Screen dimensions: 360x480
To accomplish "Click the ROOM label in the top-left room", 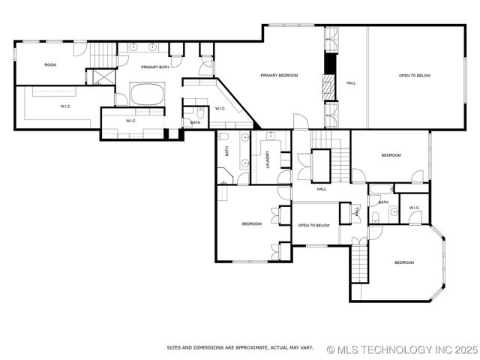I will [50, 65].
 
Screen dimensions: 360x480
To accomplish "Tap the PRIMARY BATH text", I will [154, 67].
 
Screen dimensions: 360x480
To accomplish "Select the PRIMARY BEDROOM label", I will [279, 76].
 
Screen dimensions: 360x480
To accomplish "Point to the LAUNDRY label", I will [267, 158].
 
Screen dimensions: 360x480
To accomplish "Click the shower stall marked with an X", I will [96, 76].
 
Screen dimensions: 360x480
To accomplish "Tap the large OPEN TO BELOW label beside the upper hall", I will [414, 76].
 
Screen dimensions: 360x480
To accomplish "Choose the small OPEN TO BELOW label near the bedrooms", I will [313, 225].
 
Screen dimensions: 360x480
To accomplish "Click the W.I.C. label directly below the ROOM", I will [66, 106].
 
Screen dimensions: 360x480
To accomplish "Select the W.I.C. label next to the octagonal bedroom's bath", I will [414, 208].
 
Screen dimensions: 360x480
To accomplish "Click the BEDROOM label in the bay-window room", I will [404, 262].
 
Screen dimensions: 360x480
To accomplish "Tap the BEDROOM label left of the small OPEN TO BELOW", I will [251, 224].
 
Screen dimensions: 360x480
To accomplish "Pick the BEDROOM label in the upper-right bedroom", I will [391, 155].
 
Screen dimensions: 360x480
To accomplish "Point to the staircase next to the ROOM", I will [103, 55].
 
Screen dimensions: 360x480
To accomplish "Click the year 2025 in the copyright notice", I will [464, 349].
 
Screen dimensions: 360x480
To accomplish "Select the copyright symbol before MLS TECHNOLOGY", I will [331, 349].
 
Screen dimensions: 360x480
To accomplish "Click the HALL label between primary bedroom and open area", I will [351, 83].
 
